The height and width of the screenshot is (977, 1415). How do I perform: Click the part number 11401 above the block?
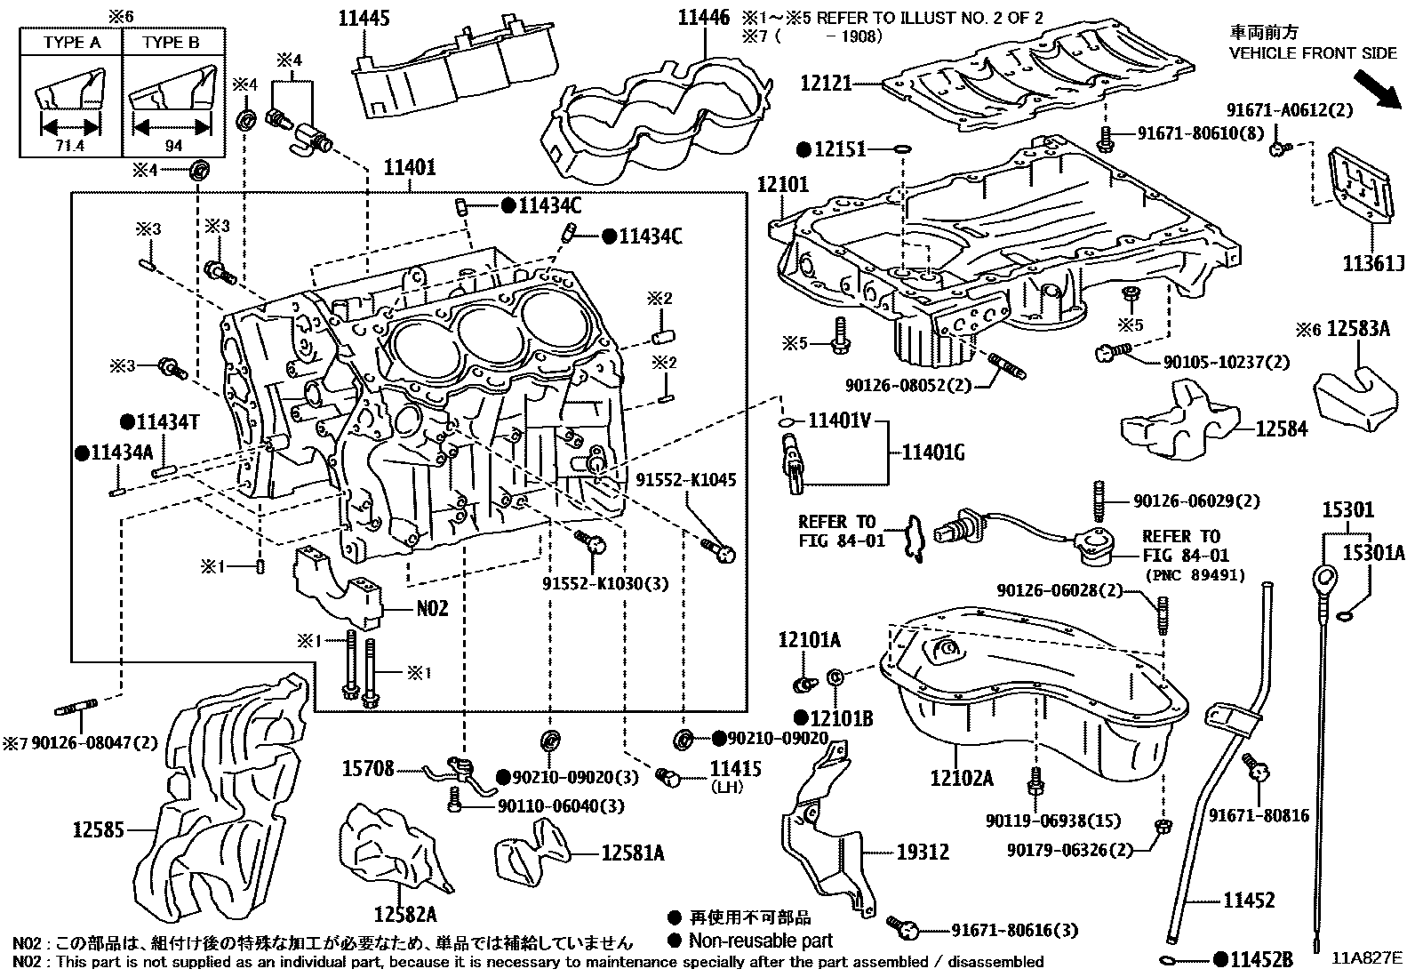click(x=410, y=167)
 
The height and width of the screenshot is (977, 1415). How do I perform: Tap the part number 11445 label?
click(x=364, y=19)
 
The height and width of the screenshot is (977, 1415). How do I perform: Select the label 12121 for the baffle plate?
click(x=827, y=84)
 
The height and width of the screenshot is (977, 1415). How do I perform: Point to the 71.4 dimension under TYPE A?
click(x=69, y=146)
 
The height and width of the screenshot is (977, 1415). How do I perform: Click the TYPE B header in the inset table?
click(x=172, y=42)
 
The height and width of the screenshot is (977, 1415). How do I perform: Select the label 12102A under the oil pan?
click(x=961, y=779)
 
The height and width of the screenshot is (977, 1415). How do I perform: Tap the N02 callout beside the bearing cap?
click(x=433, y=609)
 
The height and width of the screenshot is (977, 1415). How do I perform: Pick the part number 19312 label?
click(x=922, y=852)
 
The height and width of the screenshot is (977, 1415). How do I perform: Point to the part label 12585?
click(x=99, y=830)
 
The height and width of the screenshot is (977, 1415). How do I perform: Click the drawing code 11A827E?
click(x=1367, y=958)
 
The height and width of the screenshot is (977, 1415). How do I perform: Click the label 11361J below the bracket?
click(x=1372, y=264)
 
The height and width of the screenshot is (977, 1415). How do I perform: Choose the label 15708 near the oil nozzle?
click(x=368, y=769)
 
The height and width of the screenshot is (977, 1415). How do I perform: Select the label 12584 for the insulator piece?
click(x=1281, y=428)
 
